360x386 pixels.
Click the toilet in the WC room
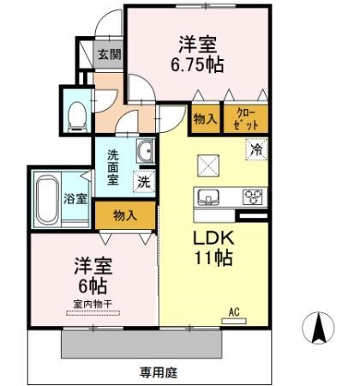[77, 117]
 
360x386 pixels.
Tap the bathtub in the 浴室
[47, 199]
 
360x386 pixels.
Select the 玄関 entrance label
[110, 54]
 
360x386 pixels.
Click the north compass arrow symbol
[319, 328]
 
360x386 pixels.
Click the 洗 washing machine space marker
[144, 182]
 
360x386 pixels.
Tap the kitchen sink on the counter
[209, 197]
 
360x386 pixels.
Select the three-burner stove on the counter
[253, 197]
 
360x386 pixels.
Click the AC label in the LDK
[234, 312]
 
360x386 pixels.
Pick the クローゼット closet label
[246, 119]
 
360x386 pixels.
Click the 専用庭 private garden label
[159, 372]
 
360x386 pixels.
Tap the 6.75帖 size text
[197, 65]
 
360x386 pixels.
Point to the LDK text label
[213, 238]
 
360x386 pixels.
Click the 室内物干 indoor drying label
[93, 304]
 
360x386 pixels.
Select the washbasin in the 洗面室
[146, 151]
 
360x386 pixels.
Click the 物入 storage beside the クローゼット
[206, 119]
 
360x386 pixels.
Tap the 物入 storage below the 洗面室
[125, 215]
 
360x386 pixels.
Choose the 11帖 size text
[213, 258]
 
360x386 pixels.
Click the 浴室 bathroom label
[75, 198]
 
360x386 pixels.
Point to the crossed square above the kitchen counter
[208, 166]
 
